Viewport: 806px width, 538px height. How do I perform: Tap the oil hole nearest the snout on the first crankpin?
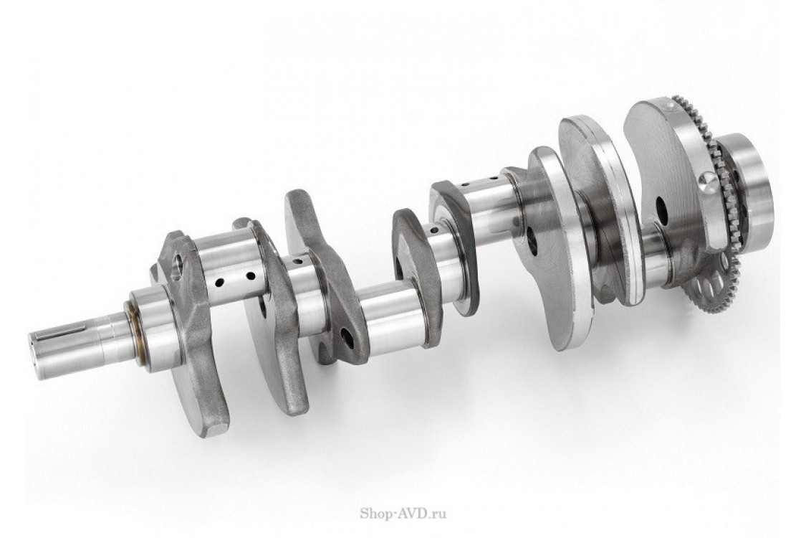click(219, 282)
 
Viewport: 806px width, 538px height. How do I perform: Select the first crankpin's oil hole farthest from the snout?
click(251, 276)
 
